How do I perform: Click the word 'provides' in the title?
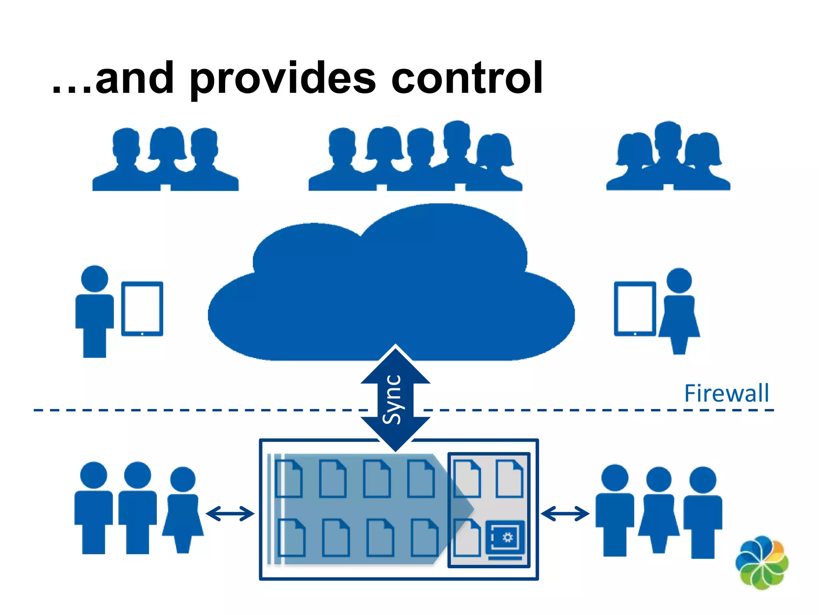282,80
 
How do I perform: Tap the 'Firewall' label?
726,393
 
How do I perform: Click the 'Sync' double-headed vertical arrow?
395,399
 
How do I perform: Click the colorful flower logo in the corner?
762,563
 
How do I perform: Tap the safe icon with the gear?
505,539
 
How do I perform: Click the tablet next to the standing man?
142,309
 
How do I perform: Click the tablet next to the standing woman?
635,309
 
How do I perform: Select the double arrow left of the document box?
230,514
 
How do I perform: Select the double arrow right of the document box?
565,514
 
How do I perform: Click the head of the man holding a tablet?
94,279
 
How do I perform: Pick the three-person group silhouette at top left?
165,160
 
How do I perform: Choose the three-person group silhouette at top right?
668,158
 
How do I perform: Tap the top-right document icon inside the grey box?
509,478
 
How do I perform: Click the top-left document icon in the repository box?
289,478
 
